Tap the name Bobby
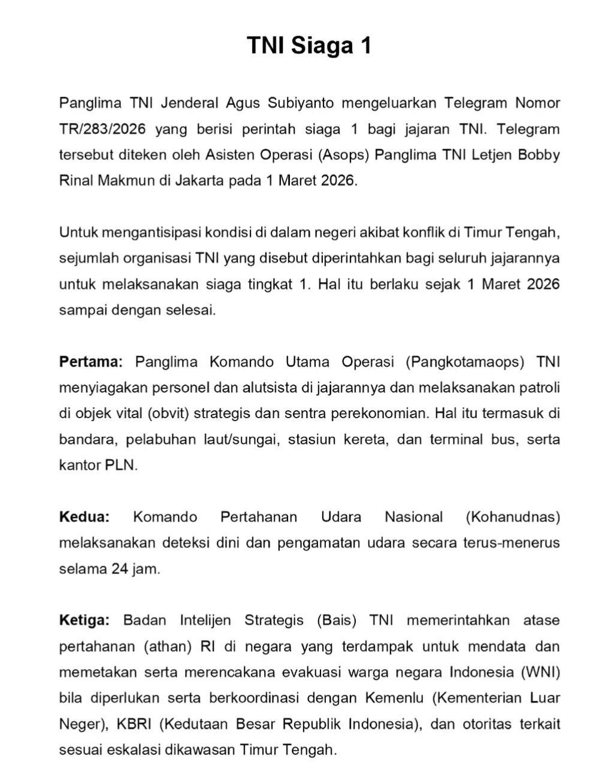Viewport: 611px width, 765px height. tap(539, 155)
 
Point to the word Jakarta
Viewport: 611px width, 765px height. tap(199, 180)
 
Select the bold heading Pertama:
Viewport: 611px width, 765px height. tap(90, 362)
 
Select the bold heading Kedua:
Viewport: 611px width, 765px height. tap(84, 516)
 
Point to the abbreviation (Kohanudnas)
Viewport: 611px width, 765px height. tap(513, 516)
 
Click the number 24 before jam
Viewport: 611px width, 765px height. tap(120, 569)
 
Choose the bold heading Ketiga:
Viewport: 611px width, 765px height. tap(84, 620)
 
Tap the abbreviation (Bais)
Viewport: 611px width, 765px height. tap(337, 620)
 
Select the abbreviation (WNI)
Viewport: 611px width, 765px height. tap(540, 672)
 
